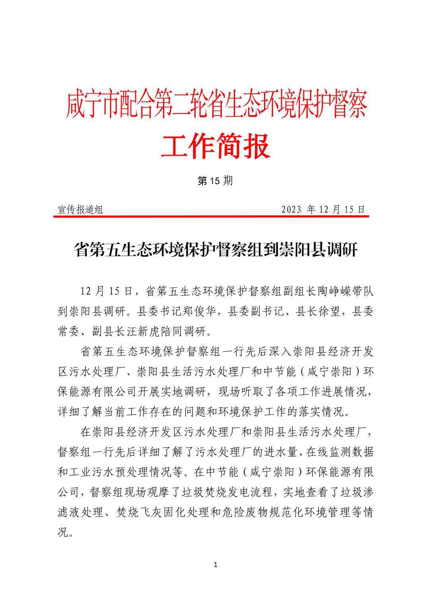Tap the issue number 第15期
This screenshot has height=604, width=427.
(215, 181)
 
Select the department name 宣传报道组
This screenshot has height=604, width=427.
(80, 210)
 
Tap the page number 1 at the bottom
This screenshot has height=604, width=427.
(215, 565)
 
